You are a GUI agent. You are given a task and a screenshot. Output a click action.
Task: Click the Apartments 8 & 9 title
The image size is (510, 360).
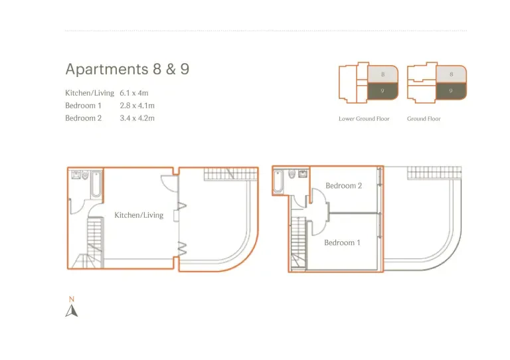click(127, 69)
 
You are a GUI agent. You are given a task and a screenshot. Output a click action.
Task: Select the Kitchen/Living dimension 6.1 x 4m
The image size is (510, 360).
click(134, 93)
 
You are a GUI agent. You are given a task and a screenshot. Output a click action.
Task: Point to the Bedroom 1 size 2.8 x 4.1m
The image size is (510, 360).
click(137, 106)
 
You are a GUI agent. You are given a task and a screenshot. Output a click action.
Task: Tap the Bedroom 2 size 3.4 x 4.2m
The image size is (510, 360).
click(137, 118)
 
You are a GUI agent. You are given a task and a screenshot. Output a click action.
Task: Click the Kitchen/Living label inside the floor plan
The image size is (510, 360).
click(139, 215)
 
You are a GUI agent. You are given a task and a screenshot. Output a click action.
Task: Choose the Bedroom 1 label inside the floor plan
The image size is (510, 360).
click(342, 242)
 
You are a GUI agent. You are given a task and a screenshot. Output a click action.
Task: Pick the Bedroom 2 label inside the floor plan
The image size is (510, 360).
click(344, 186)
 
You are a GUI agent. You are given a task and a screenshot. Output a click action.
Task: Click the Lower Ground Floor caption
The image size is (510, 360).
click(364, 119)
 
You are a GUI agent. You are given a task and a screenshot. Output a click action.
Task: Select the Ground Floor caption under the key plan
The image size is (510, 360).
click(424, 119)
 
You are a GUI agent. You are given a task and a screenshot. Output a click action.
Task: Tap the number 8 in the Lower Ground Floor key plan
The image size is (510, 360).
click(382, 74)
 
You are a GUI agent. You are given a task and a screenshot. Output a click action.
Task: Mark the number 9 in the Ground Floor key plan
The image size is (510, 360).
click(451, 91)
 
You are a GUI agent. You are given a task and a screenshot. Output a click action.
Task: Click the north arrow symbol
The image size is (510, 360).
click(72, 311)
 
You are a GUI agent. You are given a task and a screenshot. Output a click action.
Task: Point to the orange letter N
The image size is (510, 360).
click(72, 299)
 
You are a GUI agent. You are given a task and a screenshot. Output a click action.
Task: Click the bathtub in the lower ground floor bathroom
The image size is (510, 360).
click(96, 185)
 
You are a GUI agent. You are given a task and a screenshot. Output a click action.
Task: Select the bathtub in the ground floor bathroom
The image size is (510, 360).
click(278, 182)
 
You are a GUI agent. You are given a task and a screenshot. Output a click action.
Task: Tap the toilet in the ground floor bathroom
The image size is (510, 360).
click(292, 174)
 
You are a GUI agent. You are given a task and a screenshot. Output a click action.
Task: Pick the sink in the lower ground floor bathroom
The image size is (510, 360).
click(76, 175)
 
